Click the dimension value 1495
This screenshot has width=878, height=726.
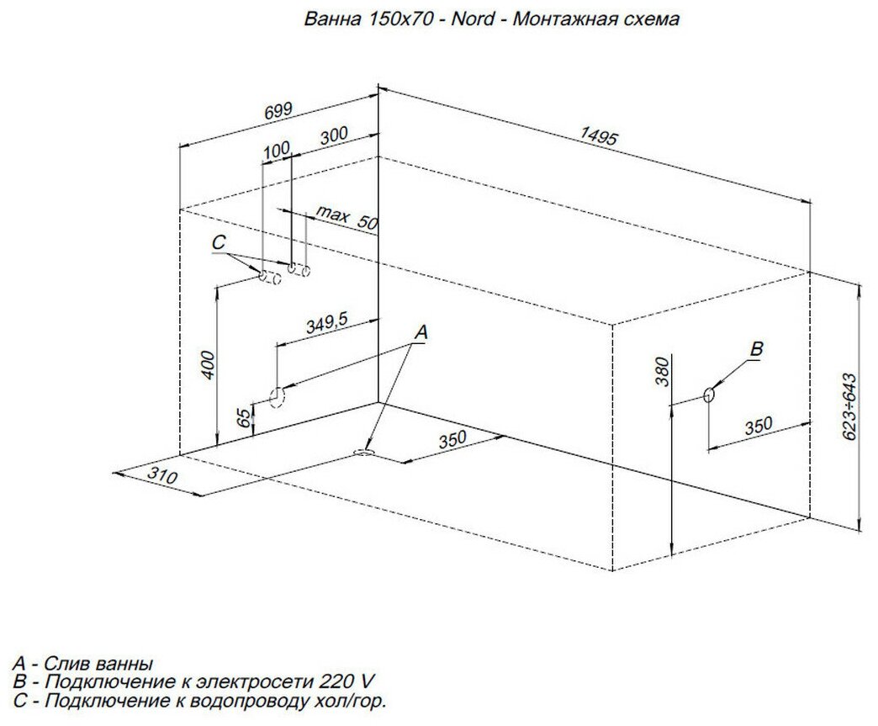(x=599, y=137)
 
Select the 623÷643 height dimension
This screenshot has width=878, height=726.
(x=849, y=406)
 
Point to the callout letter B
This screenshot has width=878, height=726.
(x=755, y=349)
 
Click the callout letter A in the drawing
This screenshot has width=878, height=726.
(x=421, y=333)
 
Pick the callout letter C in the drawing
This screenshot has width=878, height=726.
(x=219, y=243)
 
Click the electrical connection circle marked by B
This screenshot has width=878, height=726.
(x=709, y=394)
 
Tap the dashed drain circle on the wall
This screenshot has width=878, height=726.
(x=276, y=396)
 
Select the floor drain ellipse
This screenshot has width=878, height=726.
(x=366, y=453)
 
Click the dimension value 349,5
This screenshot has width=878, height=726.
(x=326, y=323)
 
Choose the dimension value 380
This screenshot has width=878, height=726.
(x=662, y=370)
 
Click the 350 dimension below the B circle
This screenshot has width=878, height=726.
(x=758, y=427)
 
